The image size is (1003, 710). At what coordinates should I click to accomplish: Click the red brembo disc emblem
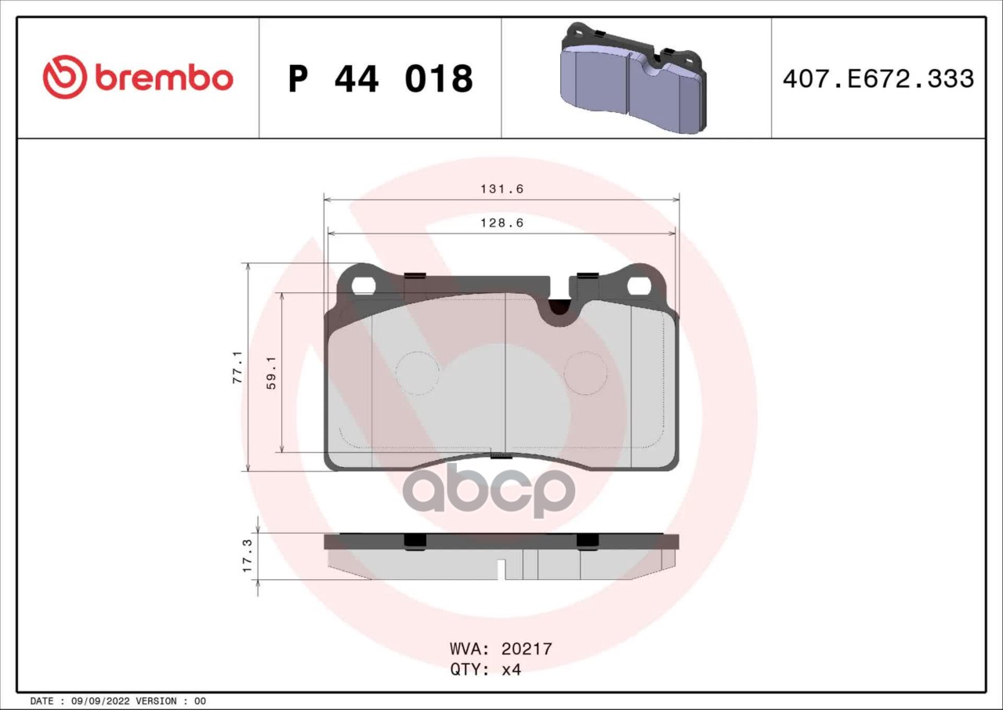click(64, 77)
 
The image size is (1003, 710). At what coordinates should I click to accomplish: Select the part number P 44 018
click(380, 79)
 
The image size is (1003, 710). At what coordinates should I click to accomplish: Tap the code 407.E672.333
click(878, 78)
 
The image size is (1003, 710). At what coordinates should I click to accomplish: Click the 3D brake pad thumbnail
click(634, 78)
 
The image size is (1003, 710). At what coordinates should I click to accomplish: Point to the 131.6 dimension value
click(502, 189)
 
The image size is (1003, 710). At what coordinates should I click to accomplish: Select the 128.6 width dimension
click(502, 223)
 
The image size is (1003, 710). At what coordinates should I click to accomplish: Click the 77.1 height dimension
click(237, 367)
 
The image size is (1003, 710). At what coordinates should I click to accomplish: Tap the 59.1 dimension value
click(271, 373)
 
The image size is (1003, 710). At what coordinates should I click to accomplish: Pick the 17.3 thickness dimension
click(247, 556)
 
